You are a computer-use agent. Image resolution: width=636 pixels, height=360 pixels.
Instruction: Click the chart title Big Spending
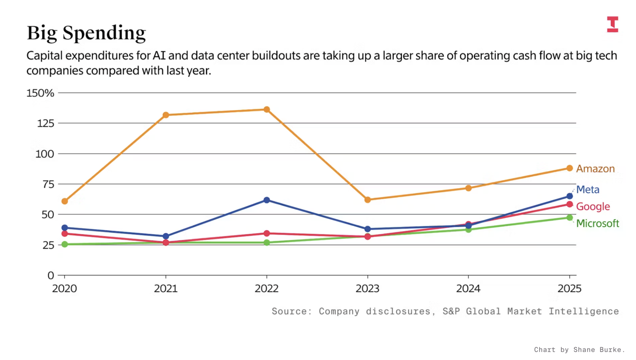click(86, 33)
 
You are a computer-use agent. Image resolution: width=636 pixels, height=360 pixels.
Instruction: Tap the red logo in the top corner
click(612, 24)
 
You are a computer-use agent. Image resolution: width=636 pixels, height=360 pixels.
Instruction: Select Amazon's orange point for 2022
click(267, 110)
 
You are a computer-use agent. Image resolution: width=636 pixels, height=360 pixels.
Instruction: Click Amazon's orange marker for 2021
click(166, 115)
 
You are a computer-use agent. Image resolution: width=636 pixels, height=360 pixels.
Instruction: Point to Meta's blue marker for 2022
click(267, 200)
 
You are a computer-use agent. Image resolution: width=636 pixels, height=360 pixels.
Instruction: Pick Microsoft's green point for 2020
click(65, 244)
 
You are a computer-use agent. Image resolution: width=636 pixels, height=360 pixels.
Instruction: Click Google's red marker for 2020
click(65, 234)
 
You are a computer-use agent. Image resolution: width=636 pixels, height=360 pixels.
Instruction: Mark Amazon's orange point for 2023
click(367, 200)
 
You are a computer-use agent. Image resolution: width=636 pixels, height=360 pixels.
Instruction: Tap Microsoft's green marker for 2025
click(569, 218)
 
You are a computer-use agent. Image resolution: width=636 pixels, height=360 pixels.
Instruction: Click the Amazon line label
click(595, 169)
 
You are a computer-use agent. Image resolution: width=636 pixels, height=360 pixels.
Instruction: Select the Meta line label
click(588, 189)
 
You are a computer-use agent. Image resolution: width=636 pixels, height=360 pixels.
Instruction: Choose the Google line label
click(593, 207)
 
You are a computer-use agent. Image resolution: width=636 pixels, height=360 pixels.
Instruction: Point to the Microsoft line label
click(598, 224)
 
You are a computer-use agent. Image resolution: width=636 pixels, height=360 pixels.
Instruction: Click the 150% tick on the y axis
click(40, 93)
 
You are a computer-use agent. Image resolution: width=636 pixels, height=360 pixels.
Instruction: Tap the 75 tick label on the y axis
click(48, 184)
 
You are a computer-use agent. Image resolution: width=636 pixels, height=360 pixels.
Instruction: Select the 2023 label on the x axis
click(367, 288)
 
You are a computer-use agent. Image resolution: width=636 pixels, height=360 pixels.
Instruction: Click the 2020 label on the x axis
click(65, 288)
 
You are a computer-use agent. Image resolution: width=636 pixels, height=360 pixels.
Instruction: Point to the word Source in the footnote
click(289, 311)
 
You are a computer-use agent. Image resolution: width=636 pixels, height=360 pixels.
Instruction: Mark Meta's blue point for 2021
click(166, 236)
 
